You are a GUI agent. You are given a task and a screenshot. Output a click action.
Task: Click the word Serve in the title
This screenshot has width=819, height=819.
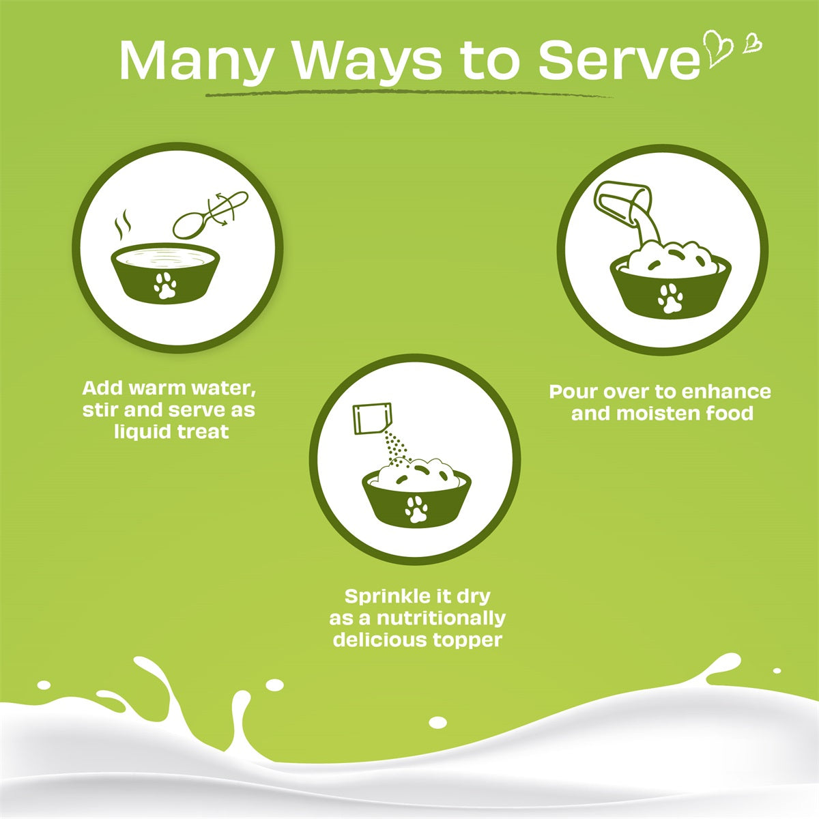click(618, 60)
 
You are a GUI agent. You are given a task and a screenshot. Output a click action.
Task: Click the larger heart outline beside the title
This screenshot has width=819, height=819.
click(719, 48)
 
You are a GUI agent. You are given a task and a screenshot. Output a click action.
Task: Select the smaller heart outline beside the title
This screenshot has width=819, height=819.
click(753, 42)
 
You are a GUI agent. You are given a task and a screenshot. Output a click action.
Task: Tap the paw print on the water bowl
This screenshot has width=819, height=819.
click(165, 286)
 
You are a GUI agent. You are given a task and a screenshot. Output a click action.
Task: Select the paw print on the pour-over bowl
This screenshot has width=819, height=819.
click(670, 298)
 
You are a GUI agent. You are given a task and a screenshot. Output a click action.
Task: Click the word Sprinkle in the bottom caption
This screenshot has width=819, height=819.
click(387, 596)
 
